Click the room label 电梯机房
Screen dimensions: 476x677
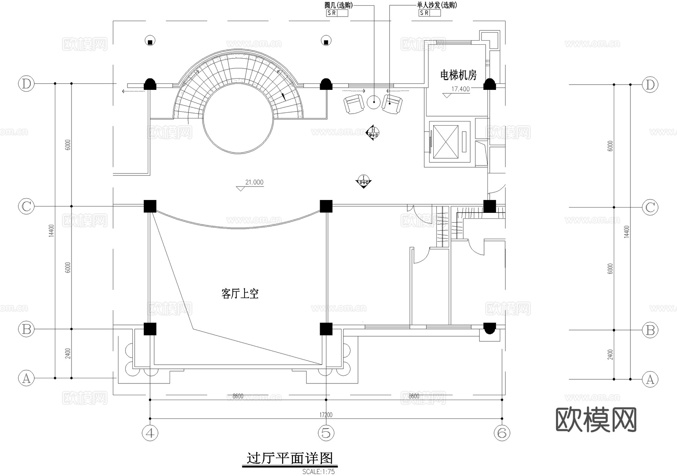coord(458,75)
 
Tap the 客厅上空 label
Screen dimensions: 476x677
coord(240,294)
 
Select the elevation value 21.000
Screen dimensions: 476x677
coord(254,182)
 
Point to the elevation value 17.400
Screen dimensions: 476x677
coord(460,89)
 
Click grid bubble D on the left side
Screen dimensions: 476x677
coord(26,83)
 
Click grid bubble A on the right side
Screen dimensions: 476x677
coord(650,379)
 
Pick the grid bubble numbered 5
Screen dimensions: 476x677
coord(326,433)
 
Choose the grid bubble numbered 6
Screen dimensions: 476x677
coord(502,433)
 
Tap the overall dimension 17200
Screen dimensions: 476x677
coord(326,415)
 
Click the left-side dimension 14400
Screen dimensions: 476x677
coord(52,230)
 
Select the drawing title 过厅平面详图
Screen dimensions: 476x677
coord(290,458)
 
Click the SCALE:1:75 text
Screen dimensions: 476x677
coord(318,471)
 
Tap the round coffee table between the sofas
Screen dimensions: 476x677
coord(374,102)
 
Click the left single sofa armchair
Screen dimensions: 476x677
coord(354,104)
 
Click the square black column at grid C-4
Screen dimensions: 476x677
coord(150,206)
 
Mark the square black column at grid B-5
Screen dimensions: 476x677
coord(326,329)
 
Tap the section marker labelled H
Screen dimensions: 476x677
coord(373,132)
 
